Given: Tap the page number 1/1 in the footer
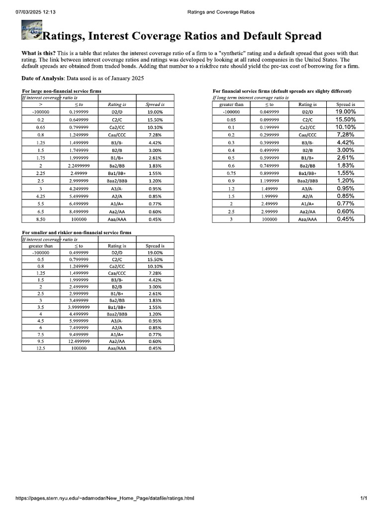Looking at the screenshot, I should pos(364,498).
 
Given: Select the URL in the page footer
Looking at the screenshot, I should pos(105,498).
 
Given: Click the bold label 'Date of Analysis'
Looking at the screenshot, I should pos(43,79).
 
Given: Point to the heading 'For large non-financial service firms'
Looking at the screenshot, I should pos(62,91).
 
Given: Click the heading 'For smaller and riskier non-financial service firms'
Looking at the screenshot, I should pos(77,233).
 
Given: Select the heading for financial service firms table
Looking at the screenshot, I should pos(282,91).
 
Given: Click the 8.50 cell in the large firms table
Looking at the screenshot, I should pos(41,219).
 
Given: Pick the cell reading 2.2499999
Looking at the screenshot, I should pos(79,166).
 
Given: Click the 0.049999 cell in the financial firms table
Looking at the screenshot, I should pos(269,112).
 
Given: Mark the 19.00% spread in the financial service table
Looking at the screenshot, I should pos(346,112).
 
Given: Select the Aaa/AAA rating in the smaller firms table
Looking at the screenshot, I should pos(117,348).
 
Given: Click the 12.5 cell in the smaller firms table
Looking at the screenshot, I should pos(41,348).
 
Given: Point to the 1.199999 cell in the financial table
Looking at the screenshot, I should pos(269,180).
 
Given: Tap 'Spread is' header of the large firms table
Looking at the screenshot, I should pos(155,105).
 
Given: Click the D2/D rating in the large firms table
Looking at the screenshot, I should pos(117,112).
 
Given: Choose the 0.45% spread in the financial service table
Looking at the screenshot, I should pos(346,219).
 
